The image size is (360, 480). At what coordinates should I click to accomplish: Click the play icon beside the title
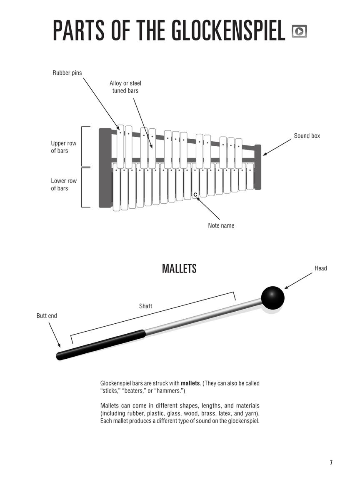(299, 31)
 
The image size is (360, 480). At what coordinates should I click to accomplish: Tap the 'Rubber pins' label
(67, 73)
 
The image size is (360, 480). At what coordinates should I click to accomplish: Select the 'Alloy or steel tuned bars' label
(125, 87)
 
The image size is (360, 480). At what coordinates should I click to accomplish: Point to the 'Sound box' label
(307, 136)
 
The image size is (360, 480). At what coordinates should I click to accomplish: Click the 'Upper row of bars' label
(64, 147)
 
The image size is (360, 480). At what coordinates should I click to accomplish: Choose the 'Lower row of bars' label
(64, 185)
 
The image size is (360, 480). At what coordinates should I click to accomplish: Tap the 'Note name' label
(221, 226)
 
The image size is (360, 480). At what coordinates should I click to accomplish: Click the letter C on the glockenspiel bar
(195, 195)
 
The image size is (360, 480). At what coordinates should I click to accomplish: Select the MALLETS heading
(179, 269)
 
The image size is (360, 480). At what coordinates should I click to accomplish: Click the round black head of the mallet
(273, 298)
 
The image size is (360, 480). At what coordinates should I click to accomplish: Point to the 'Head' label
(321, 268)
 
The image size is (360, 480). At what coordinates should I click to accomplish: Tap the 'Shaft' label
(145, 306)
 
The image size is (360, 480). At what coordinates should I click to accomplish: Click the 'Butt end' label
(47, 316)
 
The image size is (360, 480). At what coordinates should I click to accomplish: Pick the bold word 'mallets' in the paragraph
(190, 383)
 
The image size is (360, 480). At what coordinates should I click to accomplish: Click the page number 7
(331, 462)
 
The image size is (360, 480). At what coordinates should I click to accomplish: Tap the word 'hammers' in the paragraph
(170, 391)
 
